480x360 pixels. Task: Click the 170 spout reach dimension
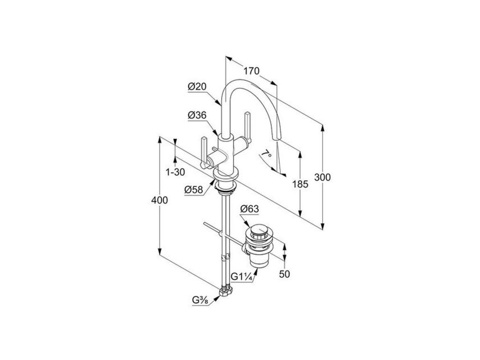pyautogui.click(x=252, y=72)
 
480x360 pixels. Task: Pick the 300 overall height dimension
pyautogui.click(x=323, y=178)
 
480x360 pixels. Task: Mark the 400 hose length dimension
pyautogui.click(x=160, y=200)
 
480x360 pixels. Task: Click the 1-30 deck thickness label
pyautogui.click(x=175, y=172)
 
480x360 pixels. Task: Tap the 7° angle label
pyautogui.click(x=267, y=153)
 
